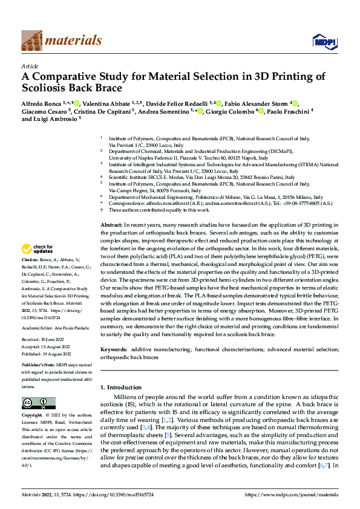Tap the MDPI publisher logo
[x=321, y=41]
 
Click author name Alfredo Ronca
[x=41, y=103]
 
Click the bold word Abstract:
[x=111, y=224]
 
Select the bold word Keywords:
[x=114, y=350]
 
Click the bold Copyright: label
[x=35, y=416]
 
